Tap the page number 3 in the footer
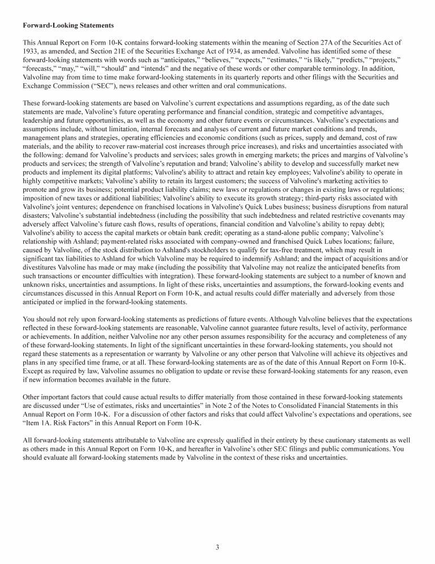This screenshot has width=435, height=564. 217,546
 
